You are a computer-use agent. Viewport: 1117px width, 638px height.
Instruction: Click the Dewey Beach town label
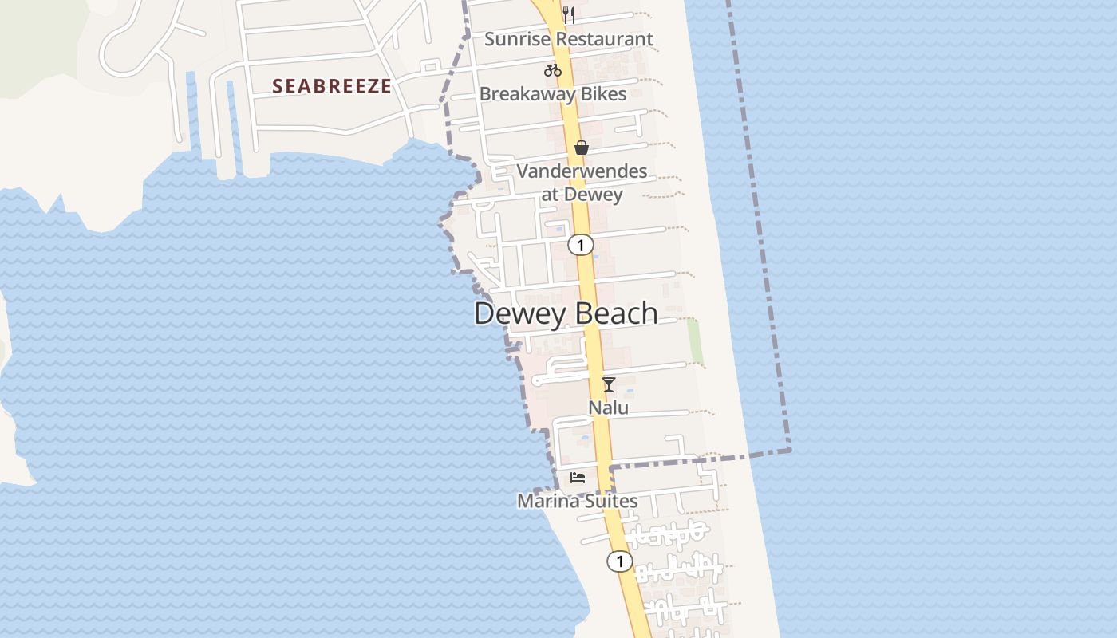(x=566, y=313)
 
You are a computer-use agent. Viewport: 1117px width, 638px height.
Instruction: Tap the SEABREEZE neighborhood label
(x=332, y=86)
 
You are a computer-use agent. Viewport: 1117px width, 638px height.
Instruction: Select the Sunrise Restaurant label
(x=569, y=39)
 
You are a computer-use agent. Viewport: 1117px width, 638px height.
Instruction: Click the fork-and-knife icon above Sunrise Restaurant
(x=569, y=14)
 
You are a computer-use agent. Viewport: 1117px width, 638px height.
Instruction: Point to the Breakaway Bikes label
(x=552, y=94)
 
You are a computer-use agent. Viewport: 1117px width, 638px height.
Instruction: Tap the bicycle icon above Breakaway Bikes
(x=552, y=70)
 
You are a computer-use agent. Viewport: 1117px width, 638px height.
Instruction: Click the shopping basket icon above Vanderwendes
(x=582, y=148)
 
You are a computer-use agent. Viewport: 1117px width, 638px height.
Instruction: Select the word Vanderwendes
(x=582, y=171)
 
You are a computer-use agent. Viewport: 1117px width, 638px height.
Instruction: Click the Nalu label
(x=608, y=408)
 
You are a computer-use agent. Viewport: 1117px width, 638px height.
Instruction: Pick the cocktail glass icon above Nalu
(x=609, y=384)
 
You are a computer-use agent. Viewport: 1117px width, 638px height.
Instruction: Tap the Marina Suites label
(x=578, y=502)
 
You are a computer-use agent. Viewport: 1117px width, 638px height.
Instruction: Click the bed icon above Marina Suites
(x=578, y=478)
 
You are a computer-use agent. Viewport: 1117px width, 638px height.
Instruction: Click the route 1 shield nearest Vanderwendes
(x=581, y=245)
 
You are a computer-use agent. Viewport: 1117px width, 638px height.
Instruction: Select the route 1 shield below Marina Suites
(x=619, y=561)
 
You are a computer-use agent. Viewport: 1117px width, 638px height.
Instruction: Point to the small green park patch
(x=695, y=340)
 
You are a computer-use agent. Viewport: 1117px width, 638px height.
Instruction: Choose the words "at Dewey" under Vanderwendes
(x=582, y=194)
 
